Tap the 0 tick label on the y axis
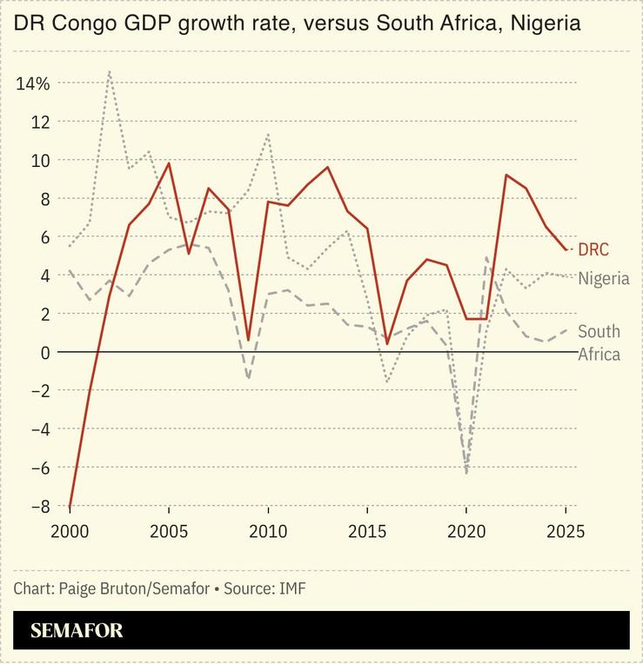44,352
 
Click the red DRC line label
593,250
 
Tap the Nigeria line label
604,278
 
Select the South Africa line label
599,342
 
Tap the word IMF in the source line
293,588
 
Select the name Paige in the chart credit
80,588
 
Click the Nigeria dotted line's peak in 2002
109,71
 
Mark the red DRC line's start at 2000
70,506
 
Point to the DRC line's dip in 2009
248,340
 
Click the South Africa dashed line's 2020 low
467,473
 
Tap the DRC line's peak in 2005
169,163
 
